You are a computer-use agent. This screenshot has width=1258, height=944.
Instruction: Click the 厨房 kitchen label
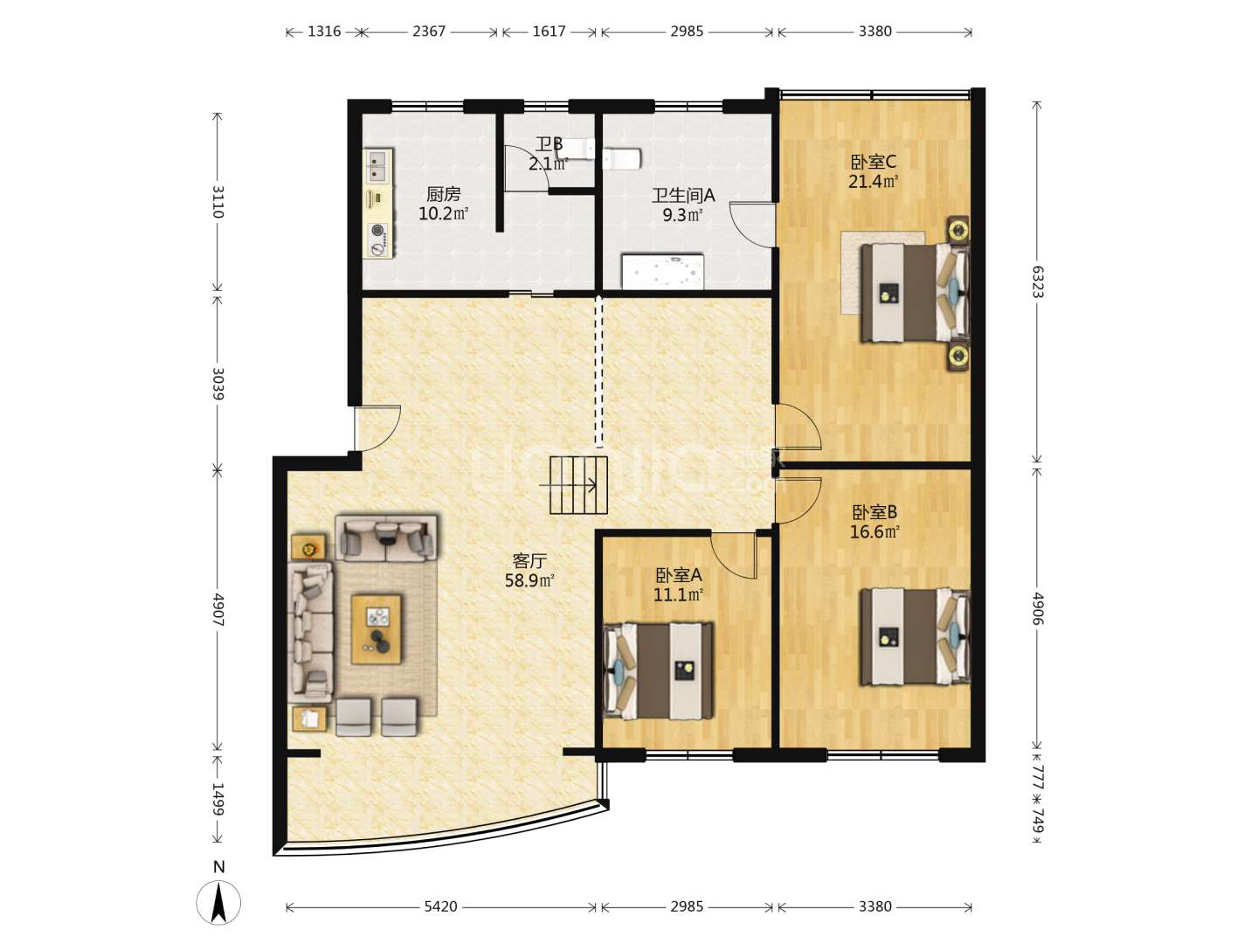pyautogui.click(x=443, y=194)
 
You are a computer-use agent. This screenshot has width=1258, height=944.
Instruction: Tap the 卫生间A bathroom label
pyautogui.click(x=683, y=196)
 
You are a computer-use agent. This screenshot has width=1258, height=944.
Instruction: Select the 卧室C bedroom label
pyautogui.click(x=873, y=163)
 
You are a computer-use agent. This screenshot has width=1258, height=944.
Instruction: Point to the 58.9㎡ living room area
pyautogui.click(x=529, y=580)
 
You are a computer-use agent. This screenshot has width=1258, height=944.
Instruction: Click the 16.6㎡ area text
pyautogui.click(x=874, y=532)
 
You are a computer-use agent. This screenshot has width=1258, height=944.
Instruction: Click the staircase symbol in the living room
pyautogui.click(x=578, y=485)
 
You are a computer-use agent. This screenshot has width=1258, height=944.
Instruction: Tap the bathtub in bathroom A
pyautogui.click(x=662, y=272)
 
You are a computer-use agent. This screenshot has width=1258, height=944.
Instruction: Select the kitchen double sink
pyautogui.click(x=378, y=166)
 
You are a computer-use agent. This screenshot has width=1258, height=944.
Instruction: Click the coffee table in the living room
pyautogui.click(x=376, y=629)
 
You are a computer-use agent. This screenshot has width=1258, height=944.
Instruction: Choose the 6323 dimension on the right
pyautogui.click(x=1037, y=281)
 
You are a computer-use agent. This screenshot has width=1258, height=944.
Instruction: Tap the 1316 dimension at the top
pyautogui.click(x=324, y=31)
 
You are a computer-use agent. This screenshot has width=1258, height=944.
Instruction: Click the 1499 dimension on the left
pyautogui.click(x=218, y=798)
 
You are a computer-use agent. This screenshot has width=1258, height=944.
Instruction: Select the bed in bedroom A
pyautogui.click(x=659, y=670)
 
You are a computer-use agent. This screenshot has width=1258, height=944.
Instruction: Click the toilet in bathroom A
pyautogui.click(x=622, y=159)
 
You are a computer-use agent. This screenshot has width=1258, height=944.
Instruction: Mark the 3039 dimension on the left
pyautogui.click(x=218, y=383)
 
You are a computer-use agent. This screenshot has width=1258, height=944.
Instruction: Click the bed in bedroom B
pyautogui.click(x=915, y=636)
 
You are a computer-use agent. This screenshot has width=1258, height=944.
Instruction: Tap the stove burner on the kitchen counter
pyautogui.click(x=377, y=231)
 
